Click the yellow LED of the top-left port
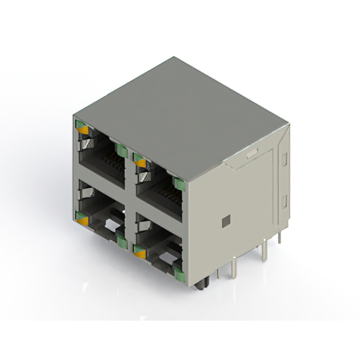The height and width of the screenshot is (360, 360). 83,130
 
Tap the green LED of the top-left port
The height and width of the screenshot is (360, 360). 121,150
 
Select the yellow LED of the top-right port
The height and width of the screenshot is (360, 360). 140,163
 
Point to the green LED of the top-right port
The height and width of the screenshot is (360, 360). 179,184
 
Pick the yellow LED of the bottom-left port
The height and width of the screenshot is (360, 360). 83,220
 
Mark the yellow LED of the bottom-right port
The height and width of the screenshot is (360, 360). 140,254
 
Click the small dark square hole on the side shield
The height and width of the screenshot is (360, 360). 226,221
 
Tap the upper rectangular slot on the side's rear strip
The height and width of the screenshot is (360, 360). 284,159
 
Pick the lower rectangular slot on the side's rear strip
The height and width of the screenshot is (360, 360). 284,201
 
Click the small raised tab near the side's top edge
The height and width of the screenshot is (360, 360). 251,152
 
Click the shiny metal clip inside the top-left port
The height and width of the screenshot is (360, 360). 85,145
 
